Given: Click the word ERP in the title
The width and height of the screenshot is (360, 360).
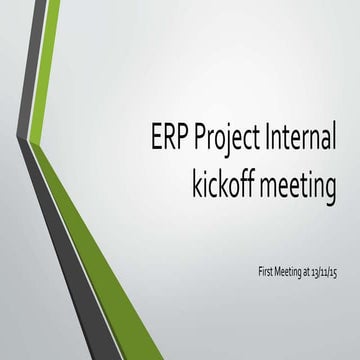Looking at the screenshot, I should coord(168,136).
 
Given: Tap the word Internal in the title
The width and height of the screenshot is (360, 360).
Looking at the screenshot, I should coord(299,136).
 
